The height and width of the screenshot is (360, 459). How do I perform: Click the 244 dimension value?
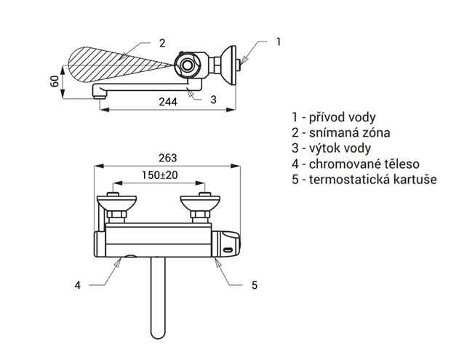click(x=168, y=102)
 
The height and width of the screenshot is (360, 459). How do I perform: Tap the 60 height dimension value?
click(x=55, y=81)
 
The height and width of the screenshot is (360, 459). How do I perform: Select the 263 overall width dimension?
click(x=168, y=158)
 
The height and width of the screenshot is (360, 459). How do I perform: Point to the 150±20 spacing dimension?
click(x=160, y=175)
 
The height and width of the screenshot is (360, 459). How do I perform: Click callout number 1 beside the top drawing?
click(x=279, y=41)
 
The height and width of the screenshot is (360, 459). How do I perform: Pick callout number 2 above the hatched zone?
click(x=162, y=43)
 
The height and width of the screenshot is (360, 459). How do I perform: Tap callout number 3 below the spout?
click(x=213, y=100)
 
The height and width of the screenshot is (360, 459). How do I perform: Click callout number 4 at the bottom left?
click(x=77, y=285)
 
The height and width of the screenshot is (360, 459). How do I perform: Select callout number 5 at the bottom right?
click(x=255, y=285)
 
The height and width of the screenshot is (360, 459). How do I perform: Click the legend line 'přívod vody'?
click(x=333, y=117)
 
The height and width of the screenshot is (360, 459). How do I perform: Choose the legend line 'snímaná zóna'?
click(x=340, y=133)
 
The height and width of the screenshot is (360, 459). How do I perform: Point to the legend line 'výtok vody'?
click(x=331, y=148)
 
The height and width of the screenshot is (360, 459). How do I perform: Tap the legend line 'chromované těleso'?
click(x=356, y=164)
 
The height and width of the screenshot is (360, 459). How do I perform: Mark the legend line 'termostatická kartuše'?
click(x=364, y=180)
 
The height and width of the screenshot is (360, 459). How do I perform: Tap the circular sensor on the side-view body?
click(x=186, y=65)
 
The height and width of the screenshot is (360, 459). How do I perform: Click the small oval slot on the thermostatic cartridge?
click(x=228, y=250)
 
